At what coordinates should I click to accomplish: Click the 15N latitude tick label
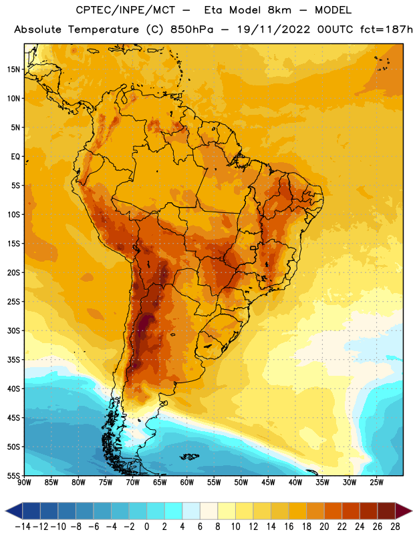click(x=13, y=69)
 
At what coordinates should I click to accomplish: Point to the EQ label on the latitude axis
click(x=15, y=157)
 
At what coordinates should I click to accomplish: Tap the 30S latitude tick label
click(x=13, y=330)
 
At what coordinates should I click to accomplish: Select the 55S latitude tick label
click(x=13, y=475)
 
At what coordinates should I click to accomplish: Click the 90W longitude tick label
click(x=24, y=483)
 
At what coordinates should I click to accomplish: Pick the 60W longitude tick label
click(x=187, y=483)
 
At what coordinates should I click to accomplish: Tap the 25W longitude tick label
click(x=376, y=483)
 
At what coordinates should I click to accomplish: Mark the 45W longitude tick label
click(x=268, y=483)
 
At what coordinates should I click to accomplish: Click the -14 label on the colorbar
click(x=23, y=527)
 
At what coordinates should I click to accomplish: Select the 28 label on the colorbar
click(x=395, y=527)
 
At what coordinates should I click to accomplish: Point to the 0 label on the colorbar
click(x=146, y=527)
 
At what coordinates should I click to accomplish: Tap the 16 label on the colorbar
click(x=289, y=527)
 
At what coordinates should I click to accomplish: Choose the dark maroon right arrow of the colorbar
click(x=403, y=511)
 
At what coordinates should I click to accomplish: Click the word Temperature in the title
click(x=104, y=29)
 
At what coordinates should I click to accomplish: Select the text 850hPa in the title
click(x=192, y=29)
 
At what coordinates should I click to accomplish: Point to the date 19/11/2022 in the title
click(x=273, y=29)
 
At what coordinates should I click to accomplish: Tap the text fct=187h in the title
click(x=386, y=29)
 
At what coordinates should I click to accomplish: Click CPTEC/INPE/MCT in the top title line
click(x=125, y=10)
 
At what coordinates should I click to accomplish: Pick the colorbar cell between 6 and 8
click(x=209, y=511)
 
